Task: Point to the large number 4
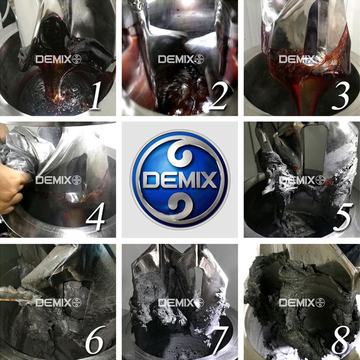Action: (96, 216)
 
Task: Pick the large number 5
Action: (342, 216)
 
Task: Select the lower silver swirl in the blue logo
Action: (180, 205)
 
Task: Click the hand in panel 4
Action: (11, 186)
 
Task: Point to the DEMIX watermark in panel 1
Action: (58, 59)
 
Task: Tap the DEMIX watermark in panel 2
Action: (181, 59)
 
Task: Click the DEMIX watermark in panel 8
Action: (302, 303)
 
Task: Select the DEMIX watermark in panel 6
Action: (58, 303)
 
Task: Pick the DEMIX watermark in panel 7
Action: (181, 303)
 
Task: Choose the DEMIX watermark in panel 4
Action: (58, 180)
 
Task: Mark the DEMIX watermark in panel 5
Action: (302, 180)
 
